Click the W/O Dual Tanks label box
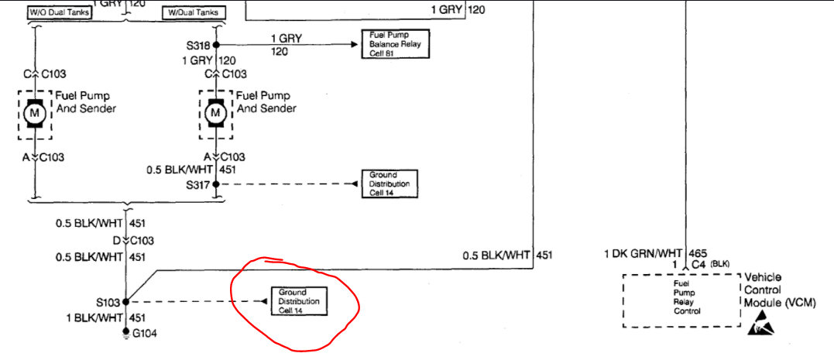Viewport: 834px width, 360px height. (59, 12)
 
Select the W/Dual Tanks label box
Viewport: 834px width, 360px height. (194, 12)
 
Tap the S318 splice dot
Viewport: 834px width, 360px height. (216, 45)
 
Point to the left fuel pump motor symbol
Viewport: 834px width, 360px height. (34, 114)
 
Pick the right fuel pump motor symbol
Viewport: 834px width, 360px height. (216, 114)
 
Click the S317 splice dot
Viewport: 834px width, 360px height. (216, 184)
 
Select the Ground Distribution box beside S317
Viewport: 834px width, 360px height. (390, 184)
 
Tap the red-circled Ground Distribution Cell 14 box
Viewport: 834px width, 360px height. (299, 301)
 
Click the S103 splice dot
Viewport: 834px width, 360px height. (125, 301)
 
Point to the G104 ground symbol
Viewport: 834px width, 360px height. (125, 333)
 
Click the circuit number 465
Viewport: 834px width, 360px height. (700, 253)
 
